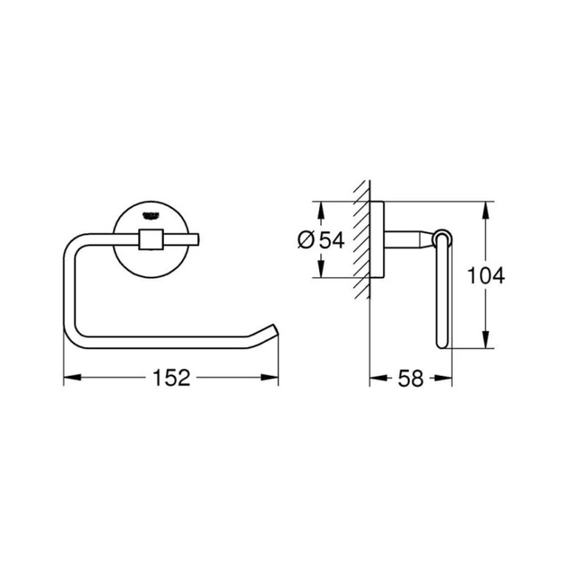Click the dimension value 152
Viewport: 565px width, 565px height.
point(170,378)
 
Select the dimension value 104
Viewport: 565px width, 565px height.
point(486,275)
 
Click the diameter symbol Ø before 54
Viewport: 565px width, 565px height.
point(304,239)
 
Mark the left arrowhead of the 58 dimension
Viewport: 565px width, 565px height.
point(374,378)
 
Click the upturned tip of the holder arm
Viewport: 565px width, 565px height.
point(272,329)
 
